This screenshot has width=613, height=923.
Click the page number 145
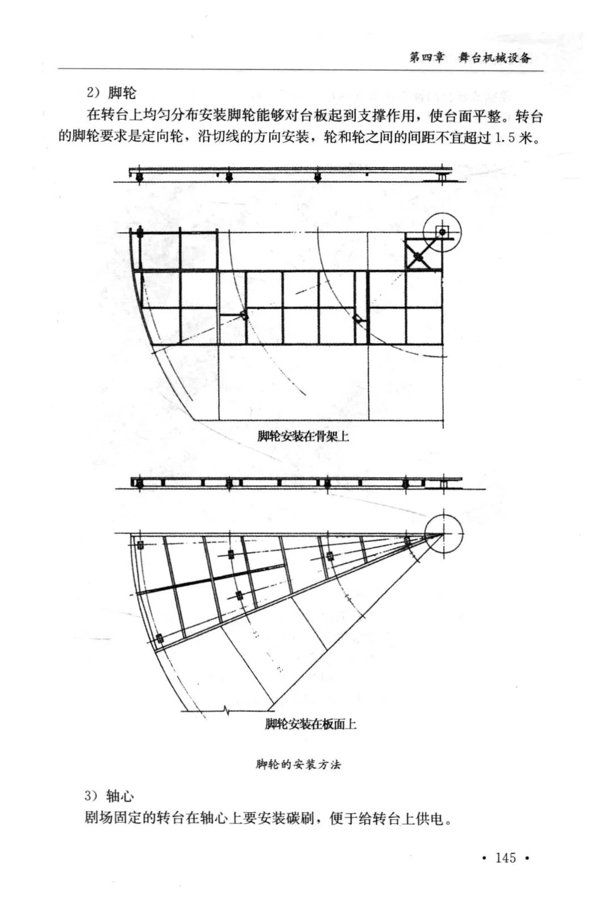pyautogui.click(x=505, y=858)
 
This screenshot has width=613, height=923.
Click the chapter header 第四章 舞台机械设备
pyautogui.click(x=470, y=57)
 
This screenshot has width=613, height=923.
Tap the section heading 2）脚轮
pyautogui.click(x=111, y=93)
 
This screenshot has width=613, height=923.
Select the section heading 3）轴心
pyautogui.click(x=110, y=796)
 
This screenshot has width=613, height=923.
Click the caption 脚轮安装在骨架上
pyautogui.click(x=303, y=436)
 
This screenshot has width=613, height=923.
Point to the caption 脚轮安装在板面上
pyautogui.click(x=310, y=724)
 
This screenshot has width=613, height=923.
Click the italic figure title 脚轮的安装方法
pyautogui.click(x=298, y=764)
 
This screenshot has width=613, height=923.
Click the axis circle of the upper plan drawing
pyautogui.click(x=442, y=232)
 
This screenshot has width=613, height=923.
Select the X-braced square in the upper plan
pyautogui.click(x=418, y=257)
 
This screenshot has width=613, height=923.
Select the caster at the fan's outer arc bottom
pyautogui.click(x=159, y=639)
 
